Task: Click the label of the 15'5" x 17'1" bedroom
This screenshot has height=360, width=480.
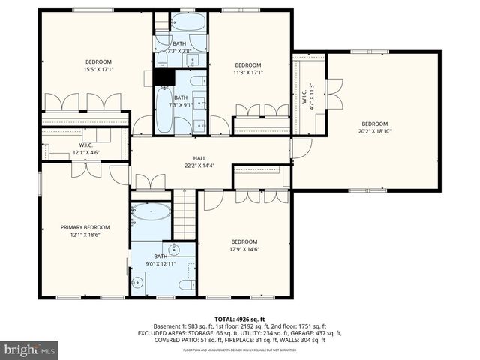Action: click(x=98, y=66)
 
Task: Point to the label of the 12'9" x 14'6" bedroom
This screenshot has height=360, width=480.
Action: click(x=244, y=245)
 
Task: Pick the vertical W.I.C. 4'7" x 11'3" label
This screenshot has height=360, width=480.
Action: click(x=307, y=96)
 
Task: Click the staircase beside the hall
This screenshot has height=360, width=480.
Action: click(x=184, y=214)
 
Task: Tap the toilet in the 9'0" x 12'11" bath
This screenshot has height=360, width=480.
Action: click(x=137, y=283)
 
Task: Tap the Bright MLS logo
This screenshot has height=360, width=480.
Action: click(x=30, y=349)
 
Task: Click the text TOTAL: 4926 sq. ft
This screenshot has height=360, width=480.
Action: click(x=240, y=319)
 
